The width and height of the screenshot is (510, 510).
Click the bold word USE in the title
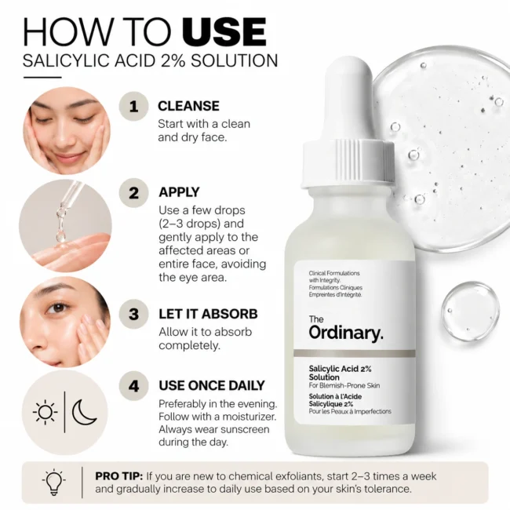(224, 32)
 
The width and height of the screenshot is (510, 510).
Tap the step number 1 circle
(133, 107)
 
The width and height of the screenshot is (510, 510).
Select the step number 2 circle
(133, 193)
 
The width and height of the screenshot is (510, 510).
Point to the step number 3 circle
(133, 314)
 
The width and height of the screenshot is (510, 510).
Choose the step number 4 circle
(133, 386)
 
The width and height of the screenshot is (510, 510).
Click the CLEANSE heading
(188, 106)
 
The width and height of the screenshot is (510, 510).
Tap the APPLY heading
(179, 192)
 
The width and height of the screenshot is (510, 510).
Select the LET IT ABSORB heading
(208, 314)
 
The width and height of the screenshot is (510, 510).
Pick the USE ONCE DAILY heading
(212, 385)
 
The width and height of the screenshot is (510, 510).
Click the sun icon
(46, 412)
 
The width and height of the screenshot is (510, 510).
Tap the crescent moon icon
(84, 413)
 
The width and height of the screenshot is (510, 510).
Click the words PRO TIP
(119, 476)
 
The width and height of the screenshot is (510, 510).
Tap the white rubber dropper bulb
(348, 98)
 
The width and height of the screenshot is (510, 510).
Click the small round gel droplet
(470, 311)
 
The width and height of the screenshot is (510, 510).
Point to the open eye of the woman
(58, 307)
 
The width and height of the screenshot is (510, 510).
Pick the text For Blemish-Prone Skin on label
(344, 386)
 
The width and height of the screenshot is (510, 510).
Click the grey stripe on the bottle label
(354, 354)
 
